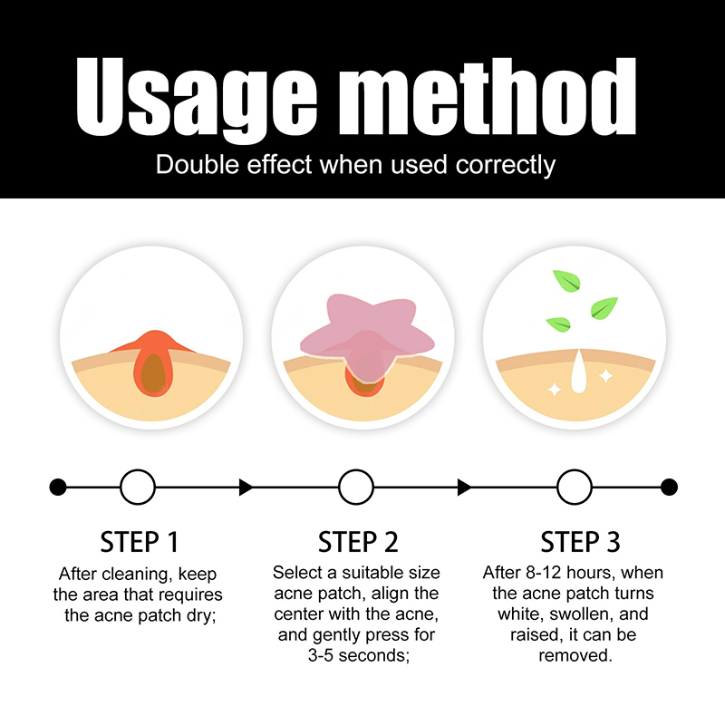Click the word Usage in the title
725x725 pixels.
click(197, 99)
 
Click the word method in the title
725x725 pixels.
click(488, 97)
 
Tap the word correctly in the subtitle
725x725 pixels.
click(506, 166)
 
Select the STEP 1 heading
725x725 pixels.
click(140, 542)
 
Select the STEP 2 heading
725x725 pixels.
click(358, 542)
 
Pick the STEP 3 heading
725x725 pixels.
click(580, 542)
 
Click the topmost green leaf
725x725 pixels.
click(566, 281)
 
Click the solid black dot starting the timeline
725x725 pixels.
click(58, 487)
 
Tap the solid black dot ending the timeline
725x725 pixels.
click(669, 487)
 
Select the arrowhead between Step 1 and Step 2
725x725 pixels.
click(246, 488)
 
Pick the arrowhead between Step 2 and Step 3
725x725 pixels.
click(464, 488)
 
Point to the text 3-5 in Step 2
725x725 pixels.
click(321, 655)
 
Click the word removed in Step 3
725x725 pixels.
click(575, 655)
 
